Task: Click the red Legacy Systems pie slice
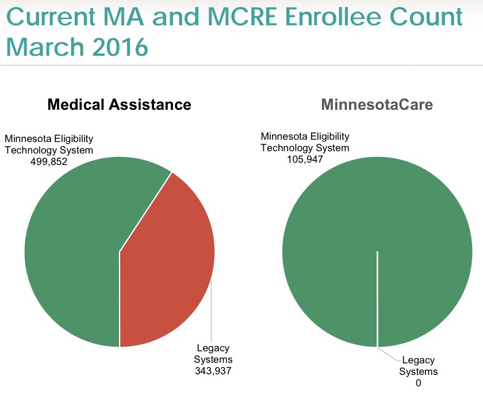(x=170, y=259)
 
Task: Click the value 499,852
(x=49, y=162)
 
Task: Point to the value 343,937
(x=213, y=370)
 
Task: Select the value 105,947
(x=305, y=159)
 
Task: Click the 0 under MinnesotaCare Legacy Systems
(x=419, y=383)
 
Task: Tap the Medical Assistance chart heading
(x=119, y=105)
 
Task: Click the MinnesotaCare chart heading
(x=377, y=105)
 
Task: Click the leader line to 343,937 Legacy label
(x=212, y=310)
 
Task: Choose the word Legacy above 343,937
(x=213, y=348)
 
